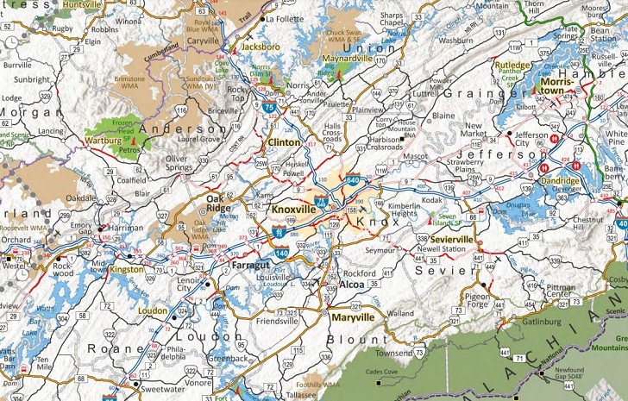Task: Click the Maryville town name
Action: (352, 317)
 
